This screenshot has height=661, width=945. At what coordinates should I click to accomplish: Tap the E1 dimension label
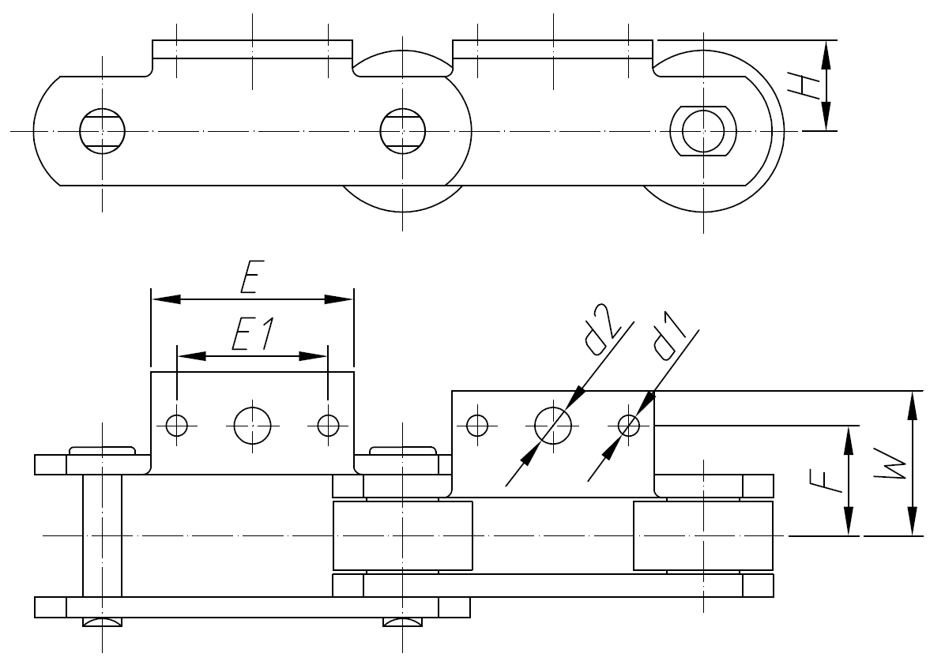click(251, 336)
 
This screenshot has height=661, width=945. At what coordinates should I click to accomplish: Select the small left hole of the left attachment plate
click(176, 425)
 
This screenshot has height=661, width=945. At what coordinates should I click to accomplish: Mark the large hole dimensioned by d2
click(553, 425)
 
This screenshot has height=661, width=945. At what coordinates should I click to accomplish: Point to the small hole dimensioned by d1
click(629, 425)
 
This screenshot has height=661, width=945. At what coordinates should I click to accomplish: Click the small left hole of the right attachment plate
click(476, 425)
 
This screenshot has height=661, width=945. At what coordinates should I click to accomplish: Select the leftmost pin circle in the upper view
click(103, 130)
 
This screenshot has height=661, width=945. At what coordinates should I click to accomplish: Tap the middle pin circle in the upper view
click(402, 130)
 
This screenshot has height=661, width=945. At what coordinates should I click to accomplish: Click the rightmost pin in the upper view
click(702, 130)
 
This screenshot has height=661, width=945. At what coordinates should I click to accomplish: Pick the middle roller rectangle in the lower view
click(402, 535)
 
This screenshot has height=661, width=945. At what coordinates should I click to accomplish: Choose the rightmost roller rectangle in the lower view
click(702, 535)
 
